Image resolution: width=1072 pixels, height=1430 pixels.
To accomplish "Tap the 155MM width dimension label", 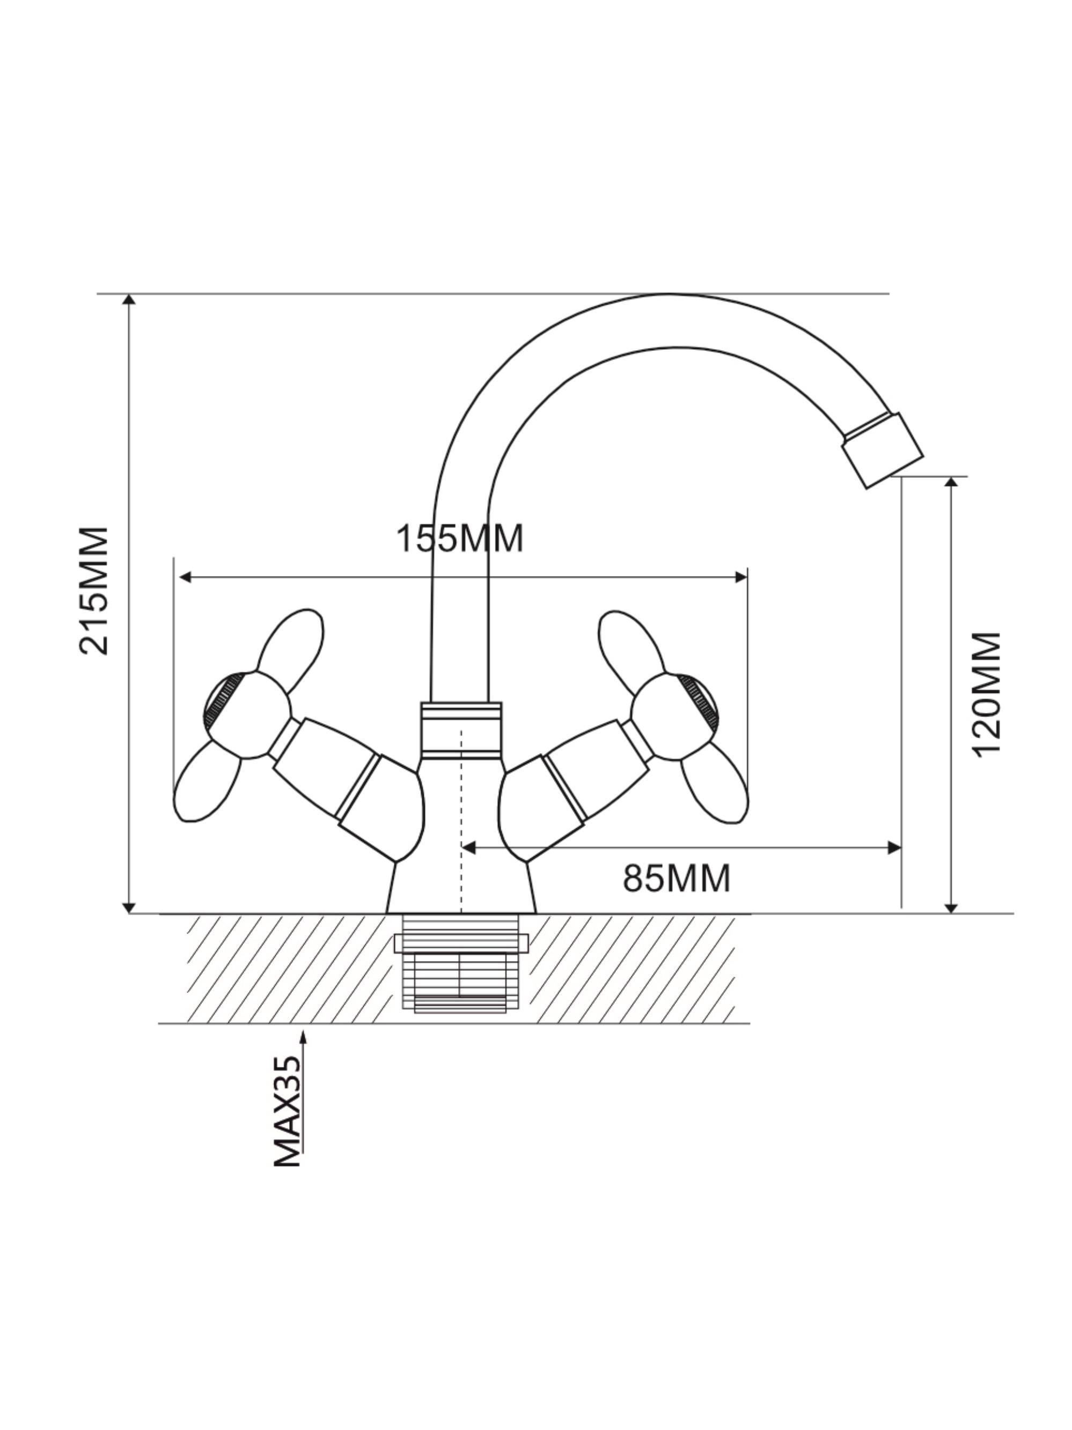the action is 459,538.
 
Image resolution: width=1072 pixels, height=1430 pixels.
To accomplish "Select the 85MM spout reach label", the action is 676,879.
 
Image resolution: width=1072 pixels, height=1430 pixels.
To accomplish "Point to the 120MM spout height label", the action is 987,694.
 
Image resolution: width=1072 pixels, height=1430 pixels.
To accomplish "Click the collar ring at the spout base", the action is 461,730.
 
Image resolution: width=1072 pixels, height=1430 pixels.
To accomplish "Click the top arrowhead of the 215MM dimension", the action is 129,299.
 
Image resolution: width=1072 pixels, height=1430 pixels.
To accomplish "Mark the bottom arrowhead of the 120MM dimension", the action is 951,908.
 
